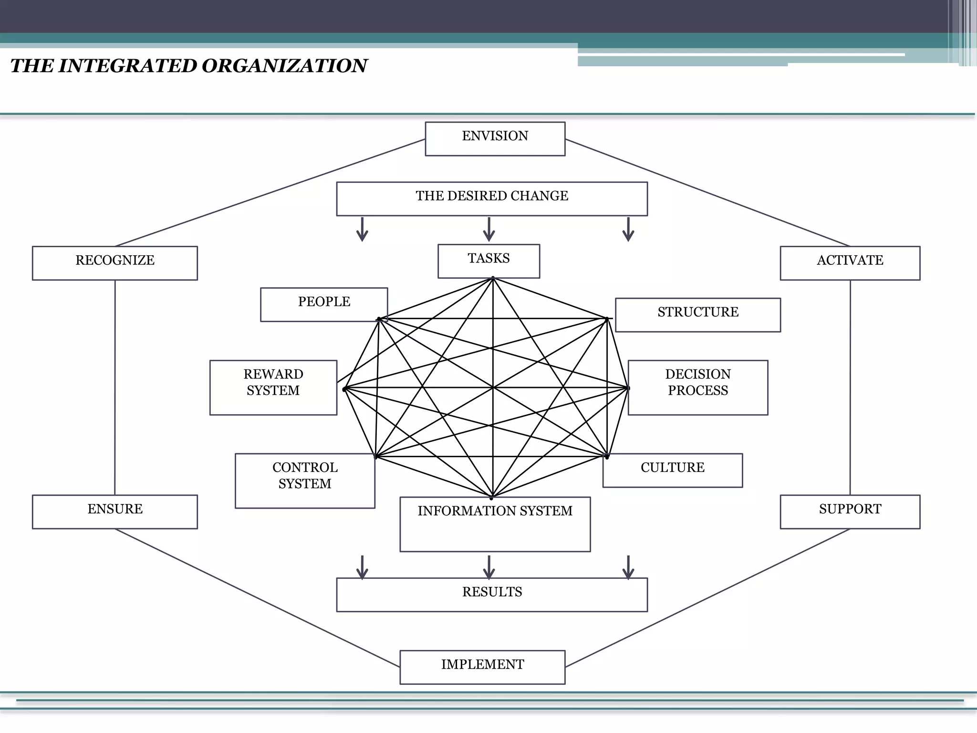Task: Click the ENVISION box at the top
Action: pyautogui.click(x=495, y=138)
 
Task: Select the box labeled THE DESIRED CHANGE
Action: pyautogui.click(x=492, y=199)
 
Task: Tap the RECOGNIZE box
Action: pyautogui.click(x=115, y=263)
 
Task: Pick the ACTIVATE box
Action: pyautogui.click(x=850, y=263)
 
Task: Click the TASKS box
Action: pyautogui.click(x=489, y=261)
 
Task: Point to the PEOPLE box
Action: pyautogui.click(x=324, y=304)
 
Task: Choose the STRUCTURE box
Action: pyautogui.click(x=698, y=314)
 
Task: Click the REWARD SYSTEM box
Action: pyautogui.click(x=273, y=387)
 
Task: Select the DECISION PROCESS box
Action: pyautogui.click(x=698, y=387)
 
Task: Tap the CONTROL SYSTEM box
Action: pyautogui.click(x=305, y=480)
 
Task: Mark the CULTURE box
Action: pyautogui.click(x=673, y=470)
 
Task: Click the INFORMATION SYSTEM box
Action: pyautogui.click(x=495, y=524)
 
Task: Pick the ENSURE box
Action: pyautogui.click(x=115, y=512)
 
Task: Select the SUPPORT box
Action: pyautogui.click(x=850, y=512)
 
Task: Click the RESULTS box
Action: pyautogui.click(x=492, y=595)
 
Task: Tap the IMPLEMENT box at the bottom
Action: pyautogui.click(x=482, y=667)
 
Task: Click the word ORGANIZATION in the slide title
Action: pyautogui.click(x=284, y=66)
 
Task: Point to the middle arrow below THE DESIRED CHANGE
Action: pyautogui.click(x=489, y=230)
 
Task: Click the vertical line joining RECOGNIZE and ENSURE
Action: pyautogui.click(x=115, y=387)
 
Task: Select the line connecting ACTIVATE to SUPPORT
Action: pyautogui.click(x=850, y=387)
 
